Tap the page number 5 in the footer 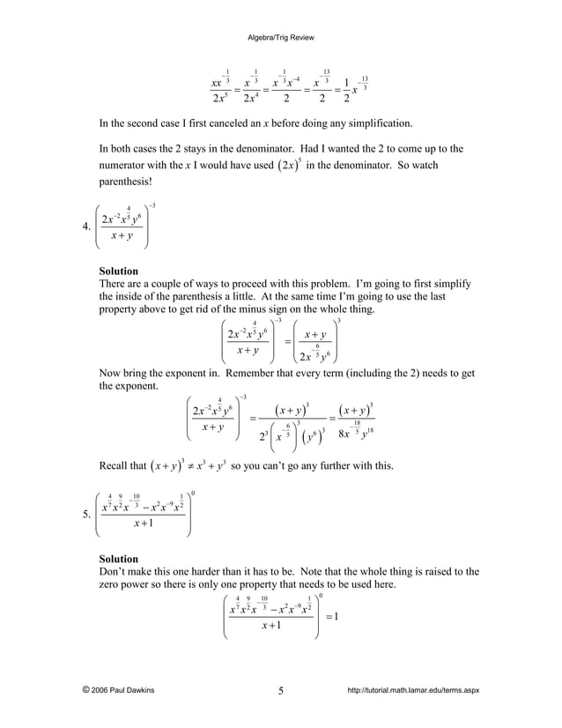[x=280, y=690]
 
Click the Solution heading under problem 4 [x=118, y=271]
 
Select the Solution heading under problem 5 [x=118, y=559]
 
